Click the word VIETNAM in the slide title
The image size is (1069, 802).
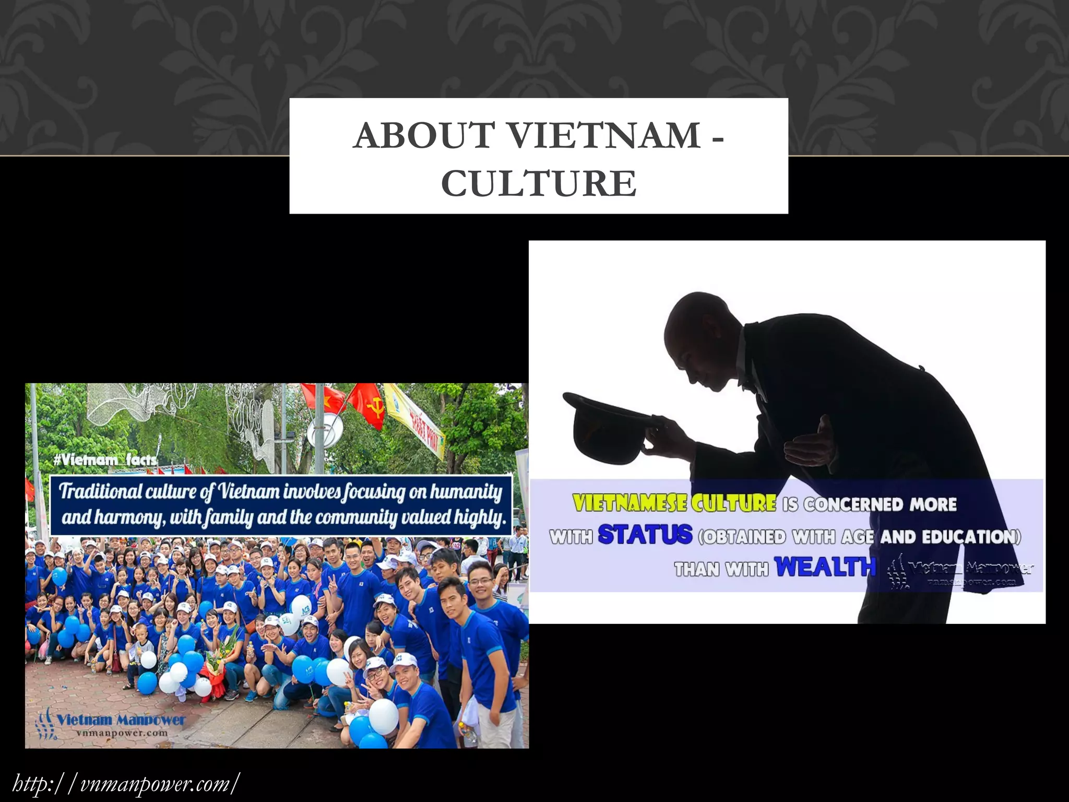(604, 135)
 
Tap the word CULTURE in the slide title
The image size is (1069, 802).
(538, 183)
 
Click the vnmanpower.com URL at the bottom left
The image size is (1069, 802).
(126, 784)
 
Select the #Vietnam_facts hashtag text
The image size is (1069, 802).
(105, 459)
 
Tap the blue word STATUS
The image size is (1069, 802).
(645, 535)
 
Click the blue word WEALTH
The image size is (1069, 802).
(825, 567)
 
